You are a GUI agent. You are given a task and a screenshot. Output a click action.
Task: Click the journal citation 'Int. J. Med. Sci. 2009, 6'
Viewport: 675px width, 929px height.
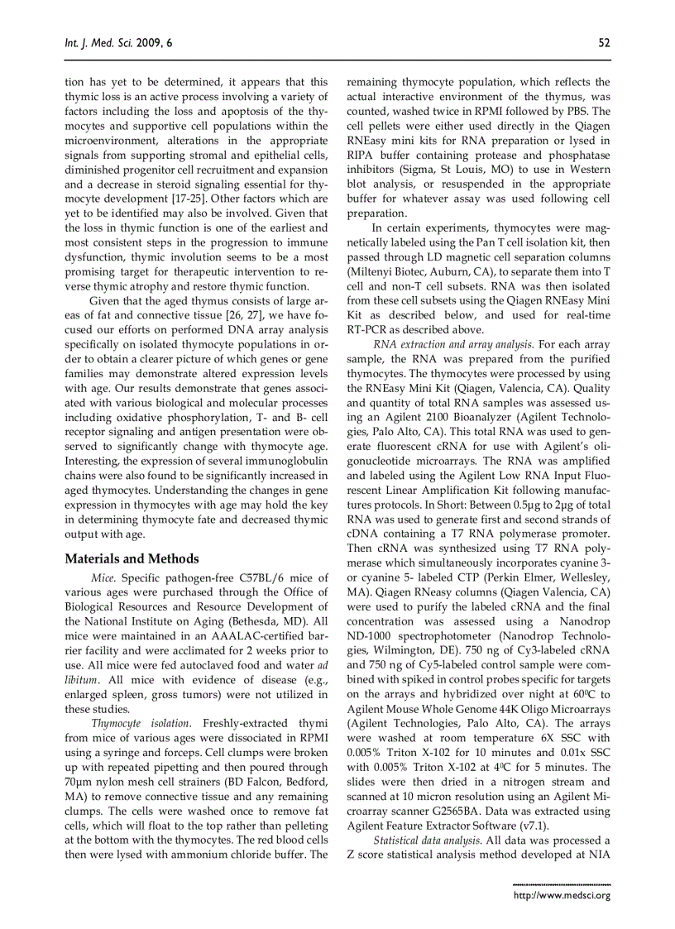point(118,42)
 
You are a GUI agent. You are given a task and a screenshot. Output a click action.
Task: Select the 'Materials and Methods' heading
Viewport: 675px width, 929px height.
point(132,558)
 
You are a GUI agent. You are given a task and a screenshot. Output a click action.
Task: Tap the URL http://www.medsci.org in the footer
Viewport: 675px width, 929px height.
point(562,895)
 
